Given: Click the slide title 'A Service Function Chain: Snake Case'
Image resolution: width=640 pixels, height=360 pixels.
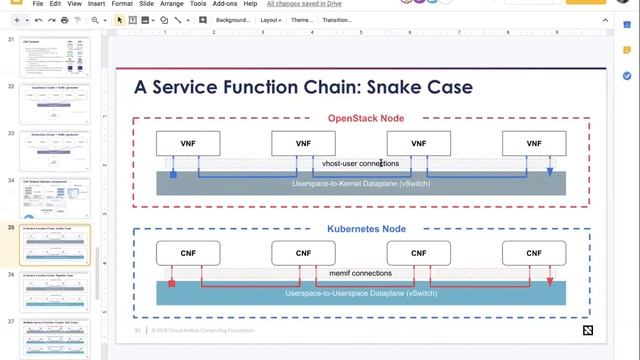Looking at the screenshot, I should coord(303,88).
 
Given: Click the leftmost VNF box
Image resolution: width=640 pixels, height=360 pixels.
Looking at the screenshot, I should coord(187,144).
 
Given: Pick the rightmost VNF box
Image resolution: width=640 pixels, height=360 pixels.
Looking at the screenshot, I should coord(533,144).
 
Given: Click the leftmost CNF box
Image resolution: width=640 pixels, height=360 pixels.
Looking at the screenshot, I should coord(187,254).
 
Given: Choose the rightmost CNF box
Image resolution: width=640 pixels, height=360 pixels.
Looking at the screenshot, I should coord(533,254).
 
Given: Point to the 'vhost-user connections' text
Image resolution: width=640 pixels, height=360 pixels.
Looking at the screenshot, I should coord(360,163).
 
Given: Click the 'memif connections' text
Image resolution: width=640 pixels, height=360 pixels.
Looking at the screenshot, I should coord(360,273).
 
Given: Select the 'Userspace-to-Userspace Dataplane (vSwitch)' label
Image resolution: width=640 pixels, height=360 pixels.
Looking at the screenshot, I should coord(360,293).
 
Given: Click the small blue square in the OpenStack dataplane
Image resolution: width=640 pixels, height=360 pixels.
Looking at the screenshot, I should coord(173,174).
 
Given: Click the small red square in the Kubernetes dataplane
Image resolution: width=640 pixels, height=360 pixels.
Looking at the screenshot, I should coord(173,284).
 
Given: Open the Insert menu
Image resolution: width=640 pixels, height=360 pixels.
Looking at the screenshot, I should coord(95,4).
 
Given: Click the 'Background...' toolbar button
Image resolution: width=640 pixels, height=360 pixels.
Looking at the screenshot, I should coord(233,20).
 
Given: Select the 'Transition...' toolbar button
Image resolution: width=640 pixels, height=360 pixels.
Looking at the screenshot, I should coord(337,20).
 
